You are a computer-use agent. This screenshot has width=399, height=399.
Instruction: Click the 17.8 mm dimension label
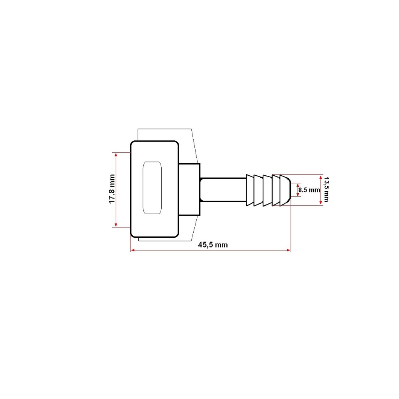tap(112, 189)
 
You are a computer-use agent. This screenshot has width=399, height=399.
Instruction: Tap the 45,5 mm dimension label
tap(213, 245)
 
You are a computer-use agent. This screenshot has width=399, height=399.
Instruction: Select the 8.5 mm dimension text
tap(309, 190)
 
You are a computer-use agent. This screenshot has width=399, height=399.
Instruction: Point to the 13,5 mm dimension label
tap(326, 190)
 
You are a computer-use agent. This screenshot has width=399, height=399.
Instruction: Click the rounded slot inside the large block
tap(152, 188)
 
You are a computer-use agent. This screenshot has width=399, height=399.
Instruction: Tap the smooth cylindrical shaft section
tap(223, 190)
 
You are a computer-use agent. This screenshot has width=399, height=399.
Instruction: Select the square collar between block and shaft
tap(189, 190)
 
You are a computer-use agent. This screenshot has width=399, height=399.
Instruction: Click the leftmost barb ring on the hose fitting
tap(250, 190)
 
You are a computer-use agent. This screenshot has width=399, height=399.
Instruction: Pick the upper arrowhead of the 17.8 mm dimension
tap(116, 154)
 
